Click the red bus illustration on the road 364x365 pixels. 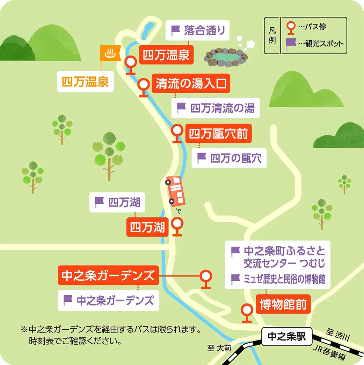175,191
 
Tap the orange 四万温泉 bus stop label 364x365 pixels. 166,55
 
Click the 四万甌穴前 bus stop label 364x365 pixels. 218,134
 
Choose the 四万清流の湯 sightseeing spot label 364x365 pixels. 216,108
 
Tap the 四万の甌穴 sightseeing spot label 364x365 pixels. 230,158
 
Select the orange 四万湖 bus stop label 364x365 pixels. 147,227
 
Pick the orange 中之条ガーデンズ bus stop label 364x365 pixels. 108,276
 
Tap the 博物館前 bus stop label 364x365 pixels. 283,305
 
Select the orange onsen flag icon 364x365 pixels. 110,53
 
